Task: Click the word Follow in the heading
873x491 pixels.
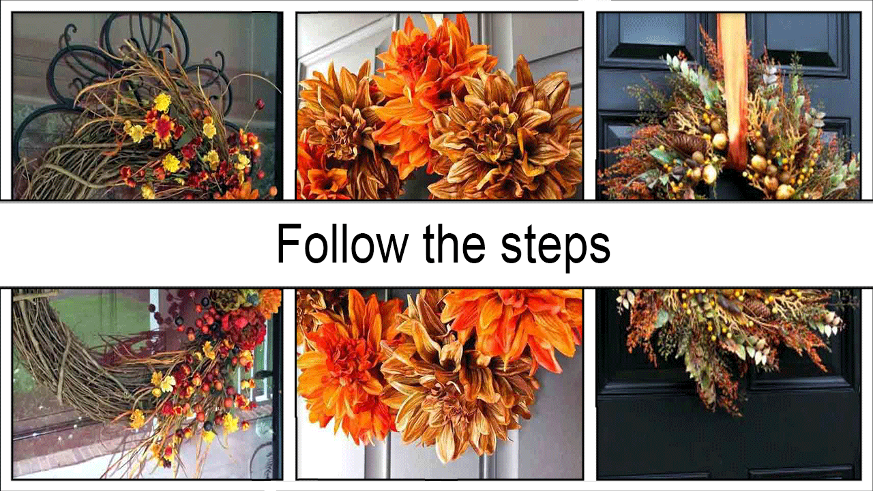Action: click(342, 243)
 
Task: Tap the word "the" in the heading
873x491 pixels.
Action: click(454, 243)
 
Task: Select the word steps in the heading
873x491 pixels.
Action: click(556, 248)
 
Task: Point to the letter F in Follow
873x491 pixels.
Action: click(288, 244)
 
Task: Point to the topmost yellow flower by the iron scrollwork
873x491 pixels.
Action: click(162, 102)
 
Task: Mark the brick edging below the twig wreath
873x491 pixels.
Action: click(70, 460)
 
